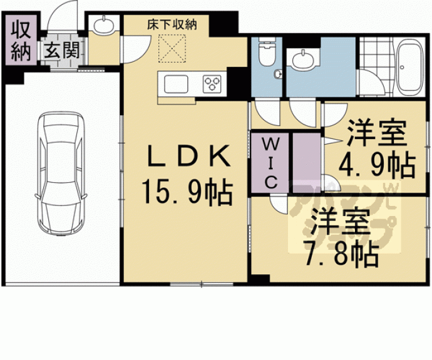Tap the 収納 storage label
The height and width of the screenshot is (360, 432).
click(21, 41)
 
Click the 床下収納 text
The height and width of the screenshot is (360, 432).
click(172, 25)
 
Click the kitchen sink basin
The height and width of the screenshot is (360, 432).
click(178, 83)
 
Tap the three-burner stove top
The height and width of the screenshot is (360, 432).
click(213, 83)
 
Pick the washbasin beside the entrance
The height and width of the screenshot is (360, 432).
click(102, 26)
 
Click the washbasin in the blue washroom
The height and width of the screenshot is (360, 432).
click(304, 60)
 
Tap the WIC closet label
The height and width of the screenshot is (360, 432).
click(270, 162)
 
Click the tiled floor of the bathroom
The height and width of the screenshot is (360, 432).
click(375, 63)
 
